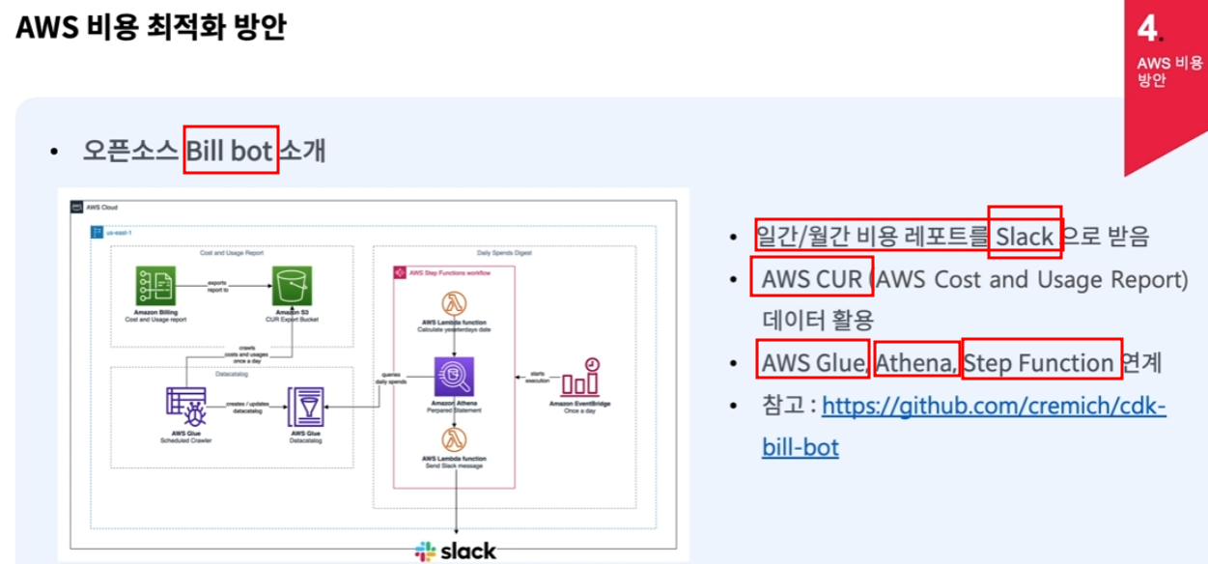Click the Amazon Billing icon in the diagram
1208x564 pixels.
point(155,286)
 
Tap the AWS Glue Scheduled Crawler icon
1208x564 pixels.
point(184,409)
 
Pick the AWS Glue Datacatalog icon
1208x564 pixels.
point(305,408)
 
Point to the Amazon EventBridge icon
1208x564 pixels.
point(580,377)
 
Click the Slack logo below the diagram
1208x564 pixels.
point(456,551)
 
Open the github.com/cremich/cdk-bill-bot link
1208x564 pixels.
point(994,406)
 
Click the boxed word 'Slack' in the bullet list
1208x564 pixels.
point(1025,236)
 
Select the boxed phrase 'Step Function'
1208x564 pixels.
point(1041,363)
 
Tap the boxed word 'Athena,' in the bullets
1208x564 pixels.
point(916,363)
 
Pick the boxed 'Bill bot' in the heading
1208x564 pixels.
point(231,151)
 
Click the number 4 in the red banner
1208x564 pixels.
point(1147,29)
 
